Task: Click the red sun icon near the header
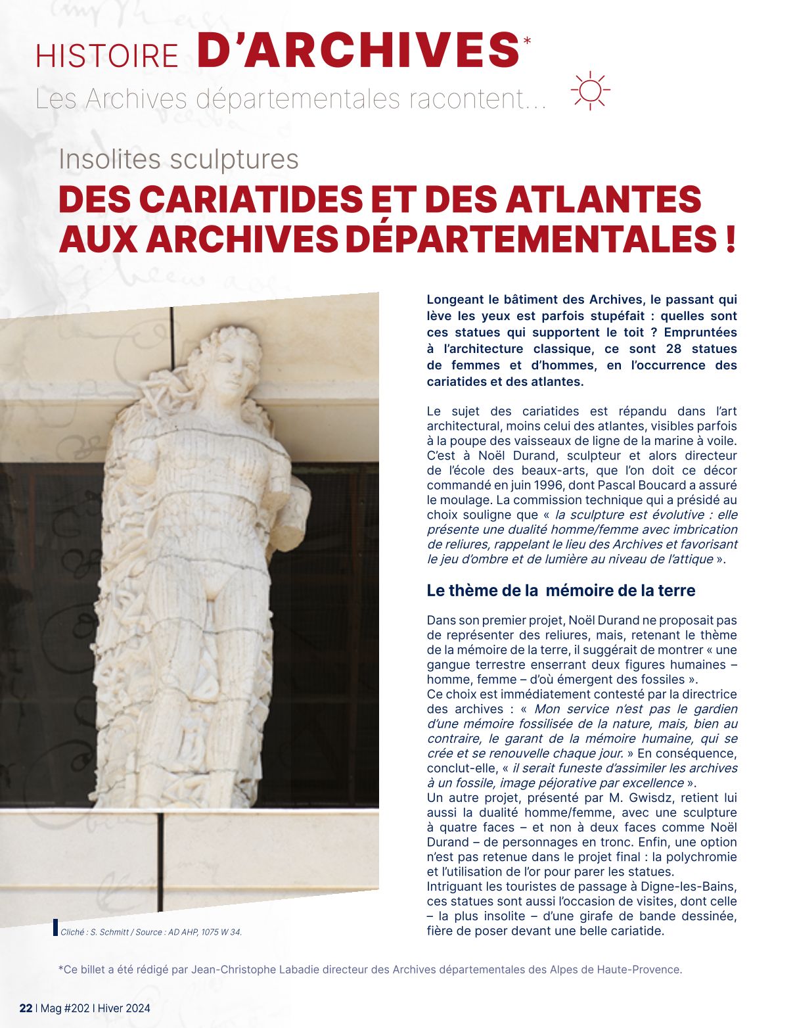click(590, 90)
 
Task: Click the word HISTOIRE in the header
click(107, 56)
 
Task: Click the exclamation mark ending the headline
click(730, 239)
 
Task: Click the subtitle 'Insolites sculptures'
click(179, 159)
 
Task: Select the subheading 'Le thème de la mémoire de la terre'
click(560, 590)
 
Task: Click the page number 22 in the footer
click(26, 1008)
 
